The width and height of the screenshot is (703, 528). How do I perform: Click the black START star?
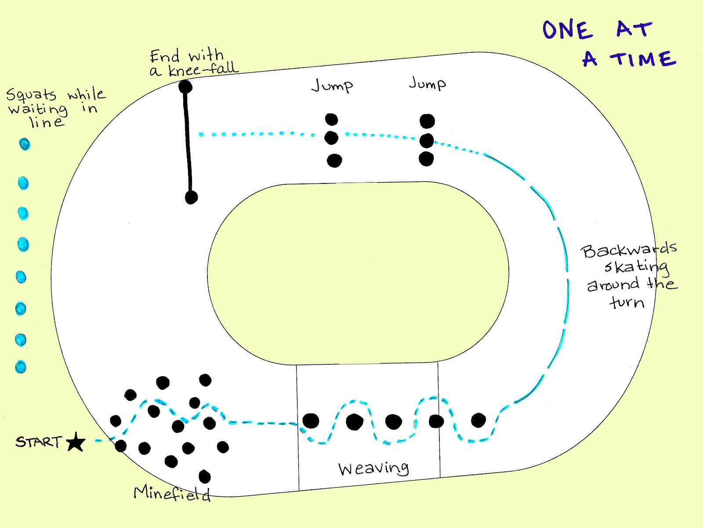click(x=76, y=442)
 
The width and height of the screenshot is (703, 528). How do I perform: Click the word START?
click(x=39, y=442)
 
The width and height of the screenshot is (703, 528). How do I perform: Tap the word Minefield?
click(x=172, y=494)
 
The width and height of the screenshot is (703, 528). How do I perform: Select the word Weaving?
click(x=373, y=469)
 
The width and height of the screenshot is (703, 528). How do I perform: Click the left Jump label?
click(x=332, y=85)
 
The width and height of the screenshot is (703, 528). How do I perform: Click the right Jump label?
click(x=428, y=83)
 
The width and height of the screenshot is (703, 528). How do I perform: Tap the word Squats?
click(x=31, y=95)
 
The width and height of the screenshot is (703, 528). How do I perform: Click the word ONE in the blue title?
click(x=568, y=30)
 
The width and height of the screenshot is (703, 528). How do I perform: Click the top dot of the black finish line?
click(x=185, y=87)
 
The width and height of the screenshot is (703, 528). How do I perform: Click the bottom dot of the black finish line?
click(x=191, y=198)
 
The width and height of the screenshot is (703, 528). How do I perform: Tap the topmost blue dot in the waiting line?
click(x=25, y=144)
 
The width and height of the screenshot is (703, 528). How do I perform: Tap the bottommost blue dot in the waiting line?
click(x=21, y=367)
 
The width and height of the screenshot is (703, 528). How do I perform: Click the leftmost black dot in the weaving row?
click(x=311, y=420)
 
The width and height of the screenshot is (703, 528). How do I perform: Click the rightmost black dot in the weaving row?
click(x=478, y=420)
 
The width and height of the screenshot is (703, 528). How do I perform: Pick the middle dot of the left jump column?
click(x=331, y=138)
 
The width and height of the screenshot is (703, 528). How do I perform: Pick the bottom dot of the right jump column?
click(x=426, y=159)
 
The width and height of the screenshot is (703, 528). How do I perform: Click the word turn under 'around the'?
click(x=627, y=302)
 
